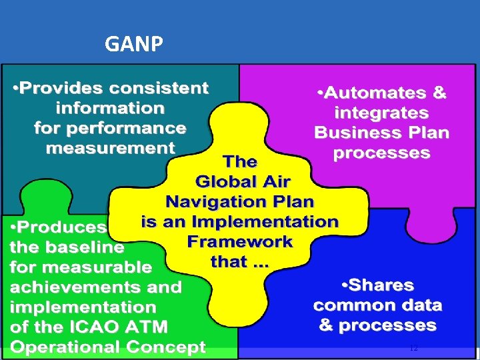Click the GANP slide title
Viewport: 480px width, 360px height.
pos(134,44)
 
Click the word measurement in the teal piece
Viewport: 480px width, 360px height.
pos(110,148)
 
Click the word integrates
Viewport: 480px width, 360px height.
pos(381,113)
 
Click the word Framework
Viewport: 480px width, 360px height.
pos(240,241)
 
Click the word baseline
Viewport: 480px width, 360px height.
pos(85,247)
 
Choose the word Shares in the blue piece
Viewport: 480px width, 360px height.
pos(377,285)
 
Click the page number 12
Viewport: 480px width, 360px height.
pos(413,347)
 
